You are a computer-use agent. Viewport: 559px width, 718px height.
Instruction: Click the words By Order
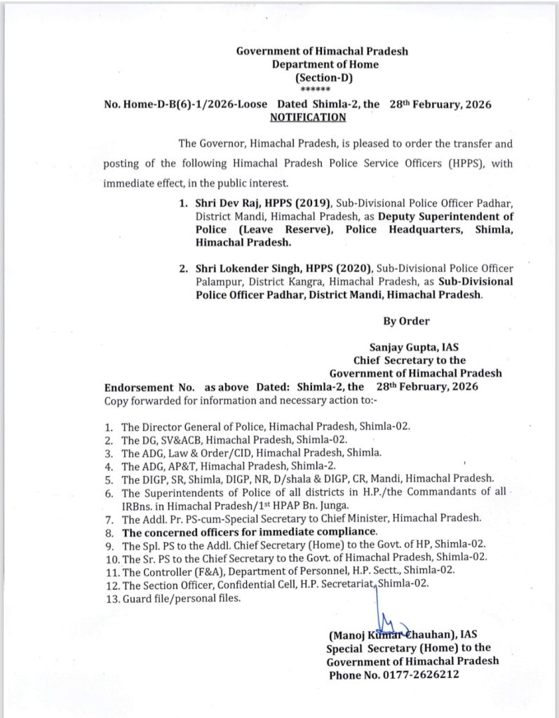(x=406, y=321)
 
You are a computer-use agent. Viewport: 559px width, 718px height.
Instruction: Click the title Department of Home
(x=325, y=65)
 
